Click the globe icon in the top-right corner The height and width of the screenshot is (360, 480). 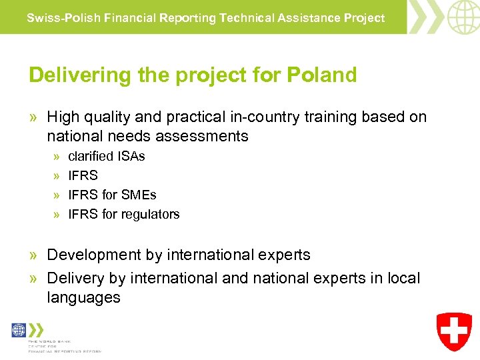pyautogui.click(x=463, y=17)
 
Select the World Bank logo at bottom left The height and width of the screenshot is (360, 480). pyautogui.click(x=19, y=331)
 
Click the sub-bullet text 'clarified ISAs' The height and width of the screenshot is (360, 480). pyautogui.click(x=107, y=156)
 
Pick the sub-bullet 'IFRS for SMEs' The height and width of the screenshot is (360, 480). pyautogui.click(x=112, y=195)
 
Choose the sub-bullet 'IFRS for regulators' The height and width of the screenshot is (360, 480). pyautogui.click(x=124, y=214)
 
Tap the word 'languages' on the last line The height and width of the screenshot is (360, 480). pyautogui.click(x=83, y=297)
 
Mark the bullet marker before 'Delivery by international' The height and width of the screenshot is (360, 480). pyautogui.click(x=34, y=278)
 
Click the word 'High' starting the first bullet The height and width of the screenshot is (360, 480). pyautogui.click(x=63, y=117)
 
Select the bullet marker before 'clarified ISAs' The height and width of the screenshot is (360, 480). pyautogui.click(x=57, y=157)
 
